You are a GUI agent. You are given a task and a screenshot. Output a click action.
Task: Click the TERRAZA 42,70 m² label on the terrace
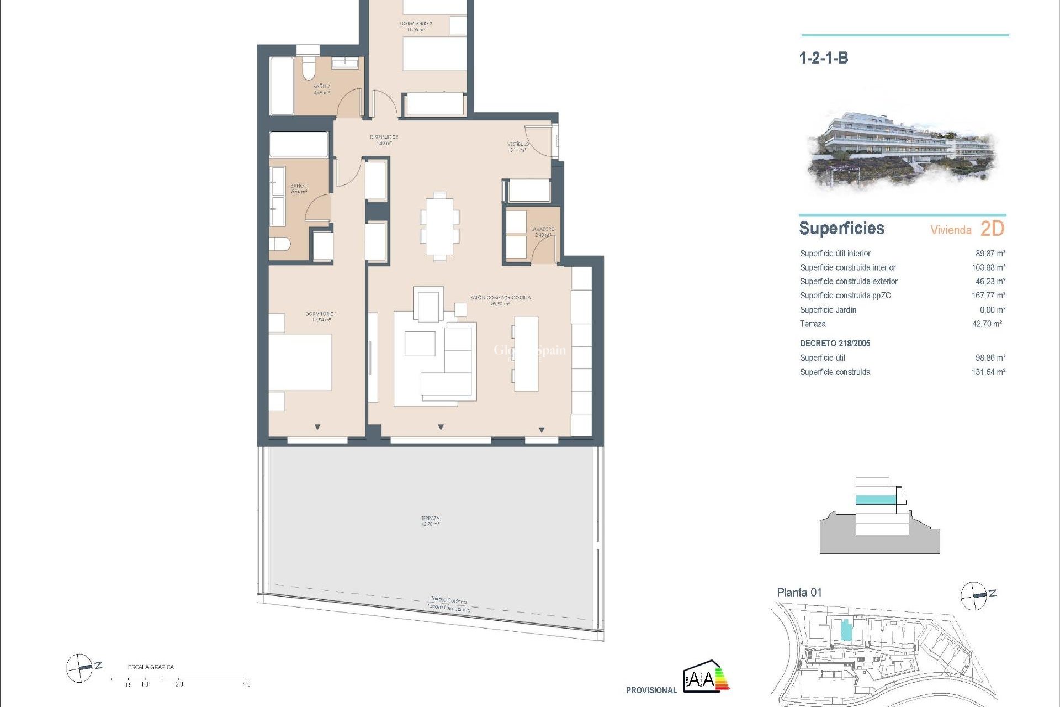(x=430, y=521)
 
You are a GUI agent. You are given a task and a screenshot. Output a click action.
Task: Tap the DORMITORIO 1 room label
(x=321, y=316)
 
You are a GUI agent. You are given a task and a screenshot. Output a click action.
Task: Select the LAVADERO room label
(x=542, y=231)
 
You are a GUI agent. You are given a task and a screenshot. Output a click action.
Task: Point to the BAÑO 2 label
(x=321, y=89)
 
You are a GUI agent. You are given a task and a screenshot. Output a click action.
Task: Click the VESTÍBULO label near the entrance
(x=518, y=146)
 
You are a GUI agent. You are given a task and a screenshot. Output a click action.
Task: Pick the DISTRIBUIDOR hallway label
(x=384, y=140)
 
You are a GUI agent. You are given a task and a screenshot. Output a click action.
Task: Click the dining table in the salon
(x=439, y=226)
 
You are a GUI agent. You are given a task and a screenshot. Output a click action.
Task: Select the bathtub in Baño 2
(x=282, y=86)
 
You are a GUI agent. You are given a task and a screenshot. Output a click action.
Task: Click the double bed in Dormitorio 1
(x=300, y=362)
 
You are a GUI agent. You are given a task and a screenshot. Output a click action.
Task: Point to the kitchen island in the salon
(x=526, y=353)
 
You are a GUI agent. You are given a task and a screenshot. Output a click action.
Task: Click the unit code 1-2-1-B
(x=823, y=58)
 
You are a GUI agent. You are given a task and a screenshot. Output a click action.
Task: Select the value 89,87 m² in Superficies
(x=990, y=254)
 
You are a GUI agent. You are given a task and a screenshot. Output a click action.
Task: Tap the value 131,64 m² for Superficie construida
(x=988, y=372)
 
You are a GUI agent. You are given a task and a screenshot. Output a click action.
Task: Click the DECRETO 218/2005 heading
(x=835, y=344)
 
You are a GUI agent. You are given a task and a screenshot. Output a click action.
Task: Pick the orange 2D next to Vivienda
(x=992, y=229)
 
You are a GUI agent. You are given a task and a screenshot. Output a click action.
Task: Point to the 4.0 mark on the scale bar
(x=246, y=684)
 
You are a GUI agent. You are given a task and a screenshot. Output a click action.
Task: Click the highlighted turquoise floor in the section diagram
(x=876, y=500)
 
